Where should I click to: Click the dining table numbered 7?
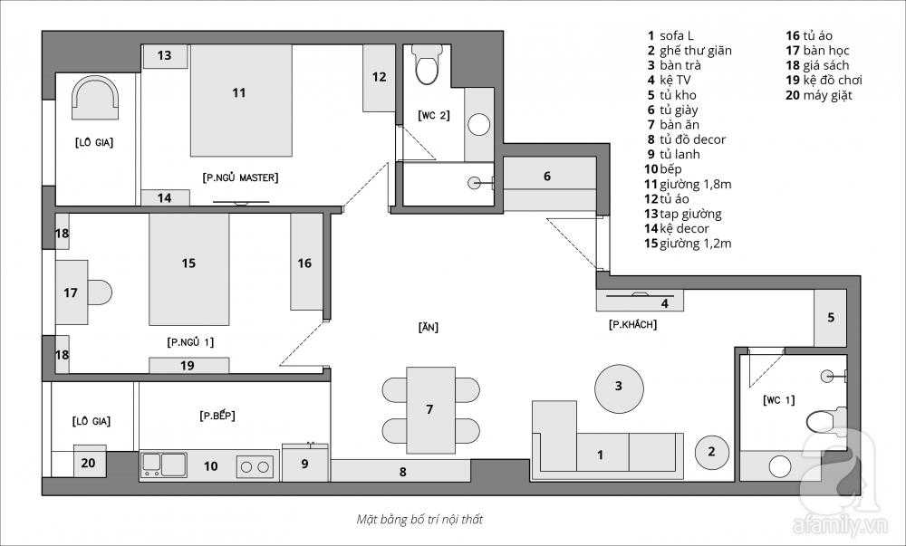[x=430, y=407]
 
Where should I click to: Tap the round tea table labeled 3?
[x=619, y=387]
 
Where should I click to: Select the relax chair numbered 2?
[x=711, y=451]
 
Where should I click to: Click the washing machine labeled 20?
[x=89, y=462]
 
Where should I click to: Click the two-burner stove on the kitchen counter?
[x=255, y=466]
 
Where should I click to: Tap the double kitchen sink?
[x=163, y=465]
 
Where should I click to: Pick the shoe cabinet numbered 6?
[x=546, y=177]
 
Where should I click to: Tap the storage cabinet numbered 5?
[x=830, y=318]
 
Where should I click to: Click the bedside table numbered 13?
[x=164, y=56]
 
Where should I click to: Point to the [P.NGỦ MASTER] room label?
[x=240, y=177]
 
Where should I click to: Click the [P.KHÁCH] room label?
[x=632, y=324]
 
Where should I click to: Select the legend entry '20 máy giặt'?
[x=818, y=95]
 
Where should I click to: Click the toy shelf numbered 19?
[x=188, y=366]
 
